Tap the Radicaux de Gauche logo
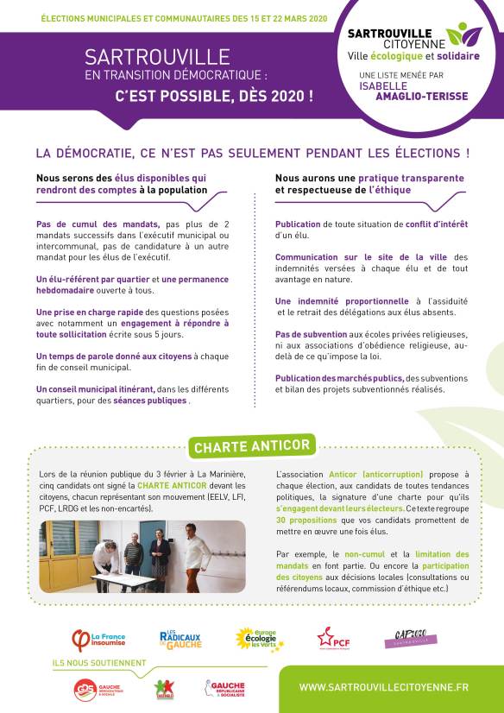180,639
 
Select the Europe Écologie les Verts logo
259,639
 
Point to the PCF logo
332,638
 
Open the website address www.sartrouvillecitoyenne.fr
384,687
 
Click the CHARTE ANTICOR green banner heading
252,446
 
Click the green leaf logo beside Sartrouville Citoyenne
463,35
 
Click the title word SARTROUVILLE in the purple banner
151,58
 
